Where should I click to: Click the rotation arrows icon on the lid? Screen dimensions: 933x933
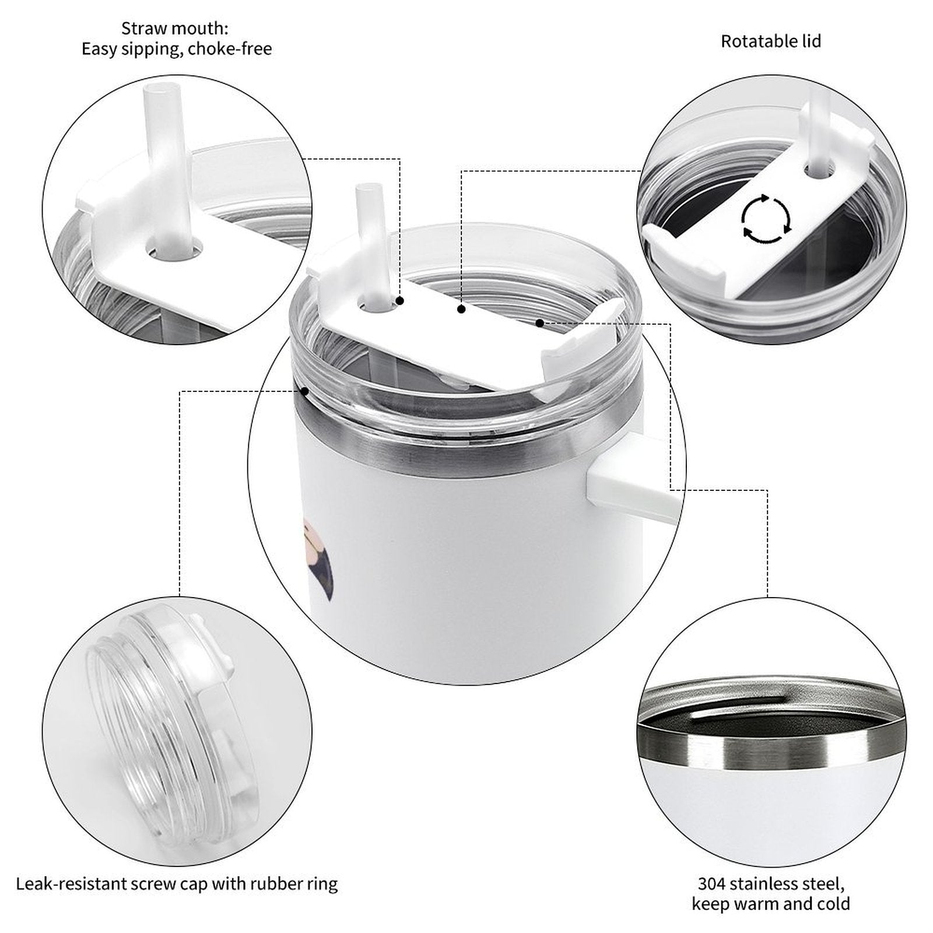pyautogui.click(x=766, y=219)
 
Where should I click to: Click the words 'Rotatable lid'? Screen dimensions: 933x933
pyautogui.click(x=771, y=41)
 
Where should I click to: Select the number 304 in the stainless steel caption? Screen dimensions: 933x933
pyautogui.click(x=711, y=884)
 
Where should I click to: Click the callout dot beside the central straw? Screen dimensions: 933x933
pyautogui.click(x=400, y=301)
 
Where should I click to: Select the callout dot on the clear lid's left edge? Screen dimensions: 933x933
pyautogui.click(x=304, y=391)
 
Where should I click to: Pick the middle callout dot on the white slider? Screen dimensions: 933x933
pyautogui.click(x=461, y=310)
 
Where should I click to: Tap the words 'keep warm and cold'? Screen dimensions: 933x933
pyautogui.click(x=771, y=904)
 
